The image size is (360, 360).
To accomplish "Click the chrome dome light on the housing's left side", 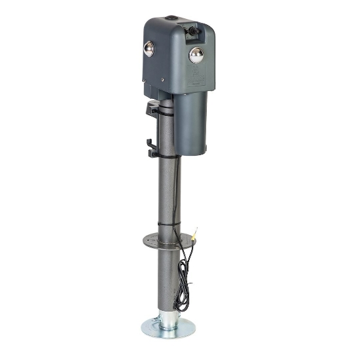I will pyautogui.click(x=149, y=48).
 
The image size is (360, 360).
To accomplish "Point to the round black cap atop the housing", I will pyautogui.click(x=171, y=19).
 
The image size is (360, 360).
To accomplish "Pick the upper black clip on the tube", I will pyautogui.click(x=154, y=109).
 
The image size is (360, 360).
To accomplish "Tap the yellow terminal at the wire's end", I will pyautogui.click(x=196, y=230).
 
